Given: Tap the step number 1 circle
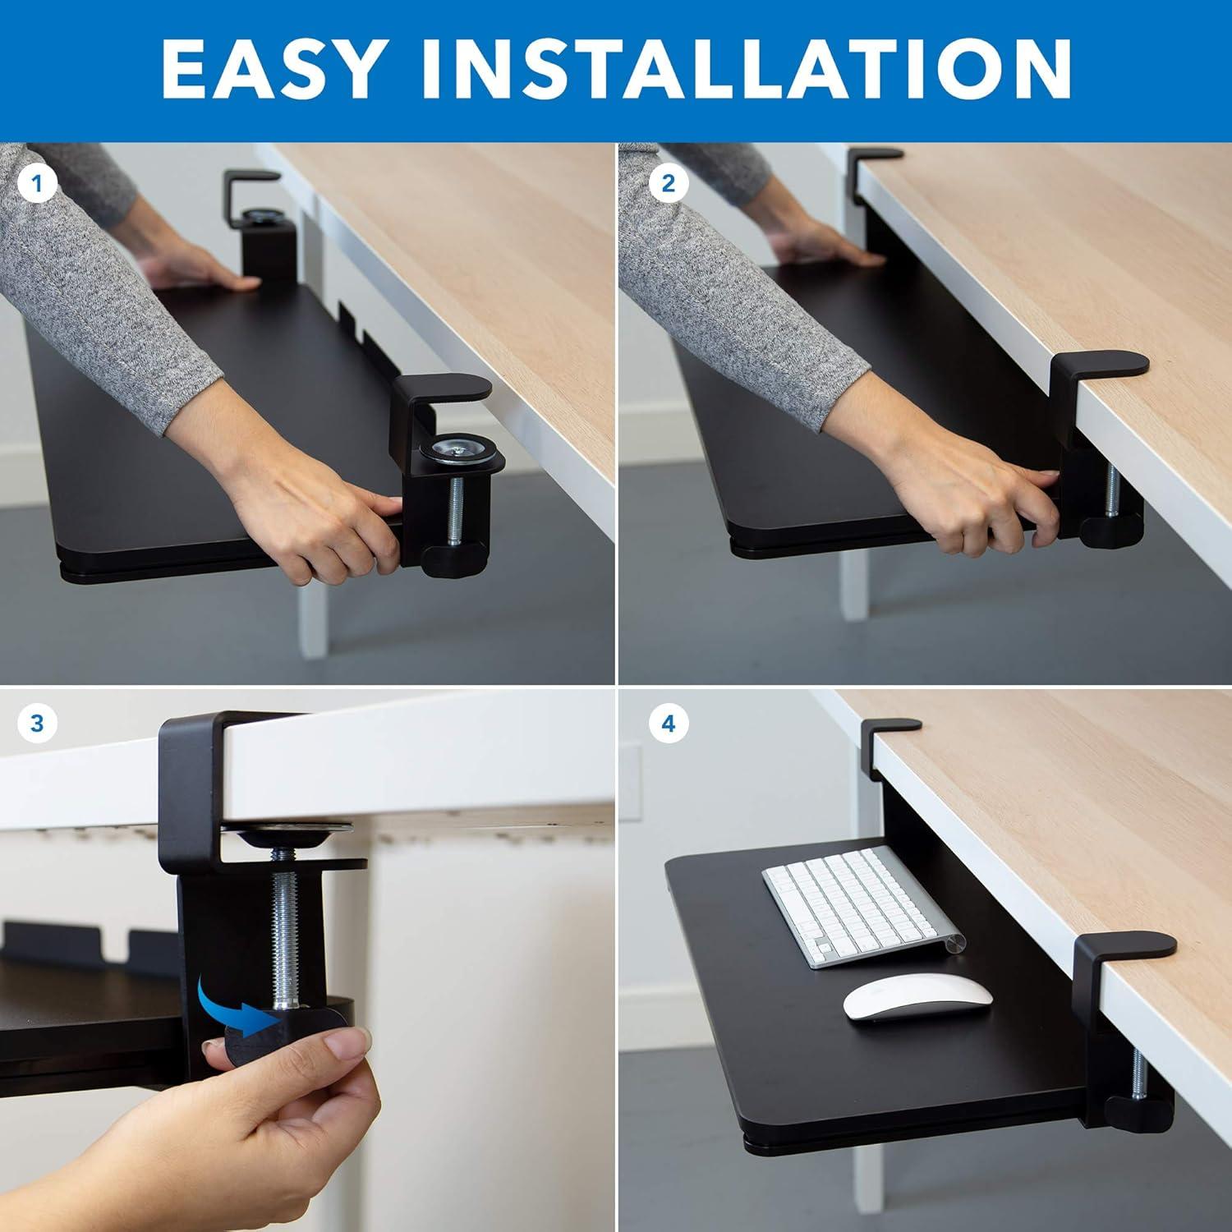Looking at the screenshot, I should tap(37, 184).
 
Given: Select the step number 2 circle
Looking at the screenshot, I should tap(668, 184).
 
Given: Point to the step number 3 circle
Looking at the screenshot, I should tap(37, 724).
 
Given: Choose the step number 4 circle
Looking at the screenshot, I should tap(668, 724).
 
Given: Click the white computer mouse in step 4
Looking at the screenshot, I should tap(918, 997).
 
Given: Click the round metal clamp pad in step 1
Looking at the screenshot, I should tap(456, 451).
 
